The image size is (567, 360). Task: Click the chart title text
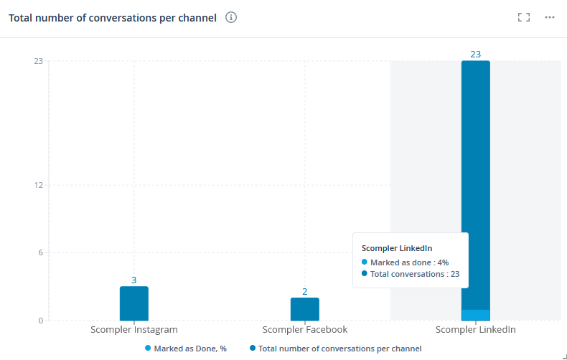[x=113, y=18]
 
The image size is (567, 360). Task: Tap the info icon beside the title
[x=231, y=18]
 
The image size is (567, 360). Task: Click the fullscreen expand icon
[x=524, y=17]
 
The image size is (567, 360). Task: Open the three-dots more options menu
[x=550, y=17]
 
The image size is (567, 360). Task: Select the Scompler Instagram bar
[x=134, y=303]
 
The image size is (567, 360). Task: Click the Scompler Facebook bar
[x=305, y=309]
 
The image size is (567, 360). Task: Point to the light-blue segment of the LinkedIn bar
[x=476, y=315]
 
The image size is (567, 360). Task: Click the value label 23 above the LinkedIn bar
[x=476, y=54]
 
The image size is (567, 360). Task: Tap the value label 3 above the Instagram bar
[x=134, y=280]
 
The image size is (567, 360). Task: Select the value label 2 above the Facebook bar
[x=305, y=291]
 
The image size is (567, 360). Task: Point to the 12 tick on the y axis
[x=38, y=185]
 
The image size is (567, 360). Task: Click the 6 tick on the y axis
[x=40, y=252]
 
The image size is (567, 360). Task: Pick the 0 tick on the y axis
[x=40, y=321]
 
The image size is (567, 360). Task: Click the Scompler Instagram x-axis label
[x=134, y=330]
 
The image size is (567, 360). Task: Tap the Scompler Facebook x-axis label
[x=305, y=330]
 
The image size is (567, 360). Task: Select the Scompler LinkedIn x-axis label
[x=476, y=330]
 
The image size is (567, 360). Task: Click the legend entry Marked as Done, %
[x=190, y=349]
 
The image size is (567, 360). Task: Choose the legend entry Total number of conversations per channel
[x=339, y=349]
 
